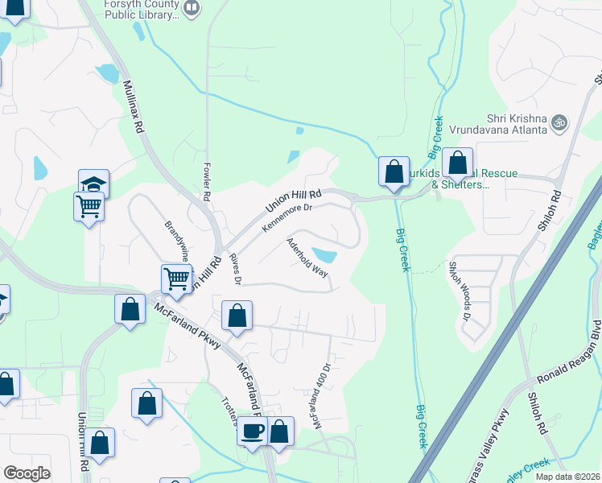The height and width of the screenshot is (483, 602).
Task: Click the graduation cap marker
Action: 93,184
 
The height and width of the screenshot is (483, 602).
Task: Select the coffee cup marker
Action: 253,430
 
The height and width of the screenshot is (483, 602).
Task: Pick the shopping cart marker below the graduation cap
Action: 89,206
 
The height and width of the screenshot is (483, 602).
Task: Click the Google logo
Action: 27,473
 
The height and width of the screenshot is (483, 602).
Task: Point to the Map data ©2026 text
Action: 567,477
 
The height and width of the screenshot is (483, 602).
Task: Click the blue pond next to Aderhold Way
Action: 324,255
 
